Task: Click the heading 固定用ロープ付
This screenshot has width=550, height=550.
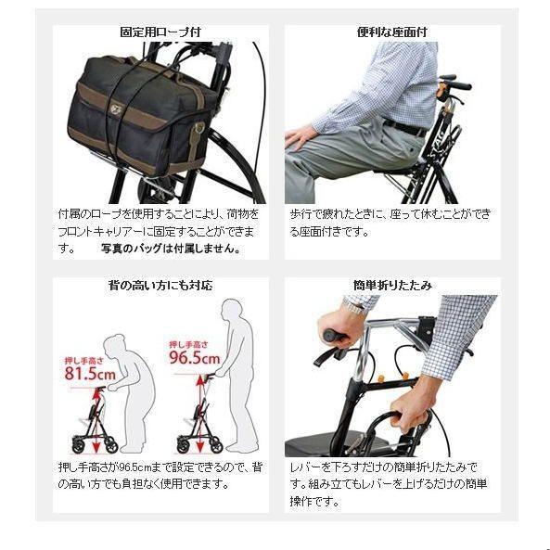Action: pos(160,32)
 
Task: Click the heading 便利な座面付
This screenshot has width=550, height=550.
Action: pos(391,32)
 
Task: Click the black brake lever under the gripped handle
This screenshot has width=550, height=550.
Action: pos(328,356)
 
